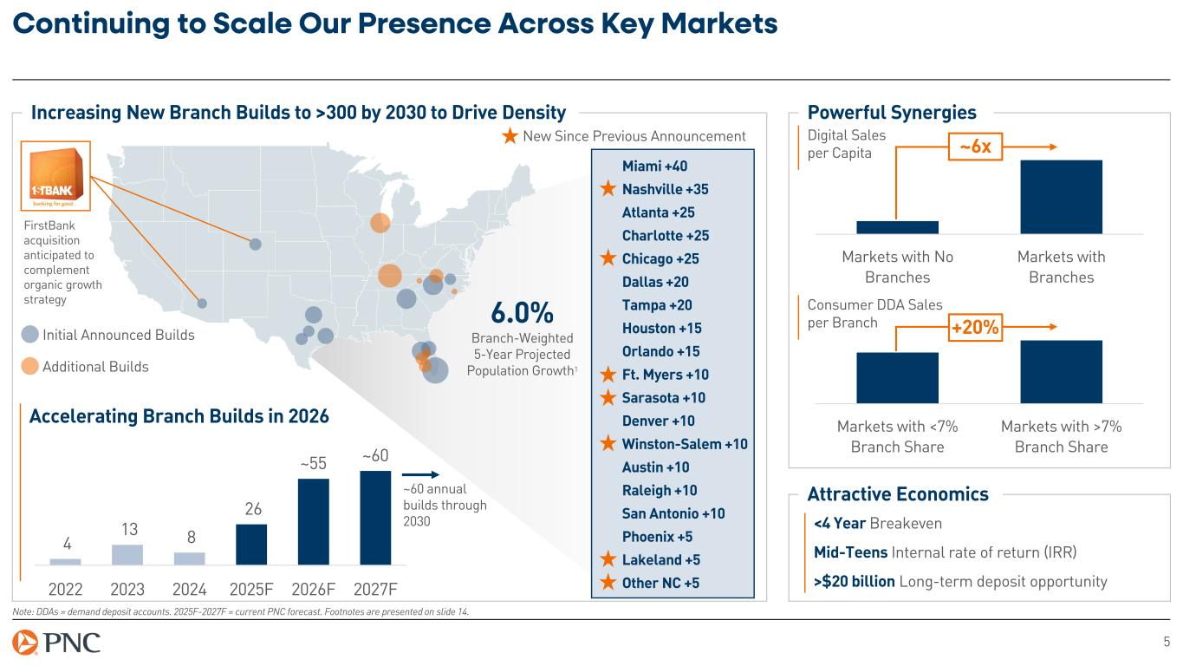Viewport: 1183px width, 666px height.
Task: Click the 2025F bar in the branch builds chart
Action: (251, 544)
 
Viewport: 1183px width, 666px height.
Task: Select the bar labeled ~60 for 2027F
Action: (375, 517)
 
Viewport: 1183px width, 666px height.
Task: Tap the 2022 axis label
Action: (65, 590)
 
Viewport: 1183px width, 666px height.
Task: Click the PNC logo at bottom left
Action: (57, 643)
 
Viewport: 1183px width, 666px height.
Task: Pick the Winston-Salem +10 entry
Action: (685, 444)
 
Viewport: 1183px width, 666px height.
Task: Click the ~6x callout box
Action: (975, 148)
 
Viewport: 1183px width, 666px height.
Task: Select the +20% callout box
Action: (976, 328)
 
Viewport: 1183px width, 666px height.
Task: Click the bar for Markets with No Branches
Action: (897, 227)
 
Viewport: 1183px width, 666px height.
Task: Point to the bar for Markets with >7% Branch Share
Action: (1061, 371)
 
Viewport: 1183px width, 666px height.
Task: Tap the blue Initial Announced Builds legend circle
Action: (30, 335)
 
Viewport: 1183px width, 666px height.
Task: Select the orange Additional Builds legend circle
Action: (30, 366)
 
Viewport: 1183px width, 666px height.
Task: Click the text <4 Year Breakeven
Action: (877, 524)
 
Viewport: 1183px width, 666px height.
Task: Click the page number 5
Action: (1166, 643)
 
